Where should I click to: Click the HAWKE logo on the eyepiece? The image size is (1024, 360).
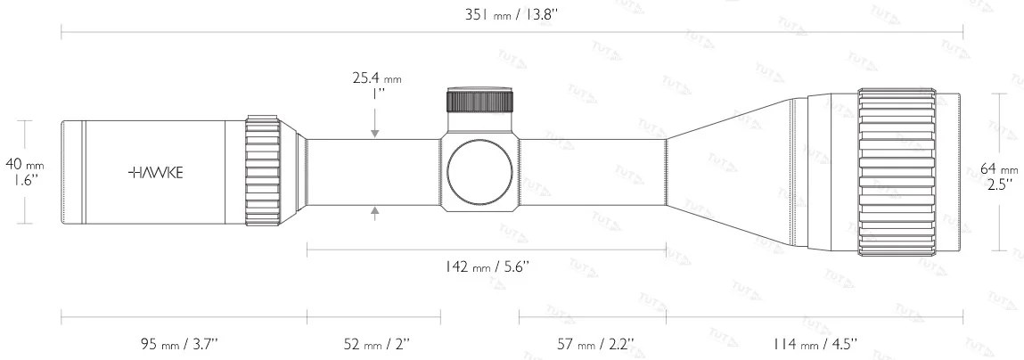[156, 173]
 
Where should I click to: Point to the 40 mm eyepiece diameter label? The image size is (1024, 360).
[24, 164]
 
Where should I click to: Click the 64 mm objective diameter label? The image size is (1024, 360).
[998, 169]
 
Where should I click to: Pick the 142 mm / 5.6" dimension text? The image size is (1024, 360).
[486, 266]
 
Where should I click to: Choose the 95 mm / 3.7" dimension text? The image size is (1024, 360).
[183, 344]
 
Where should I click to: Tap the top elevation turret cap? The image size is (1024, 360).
[480, 99]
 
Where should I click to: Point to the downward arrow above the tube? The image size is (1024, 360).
[375, 130]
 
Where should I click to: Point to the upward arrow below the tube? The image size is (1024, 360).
[375, 212]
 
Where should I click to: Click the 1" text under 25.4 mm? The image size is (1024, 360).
[375, 93]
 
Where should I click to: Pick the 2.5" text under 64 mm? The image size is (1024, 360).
[998, 184]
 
